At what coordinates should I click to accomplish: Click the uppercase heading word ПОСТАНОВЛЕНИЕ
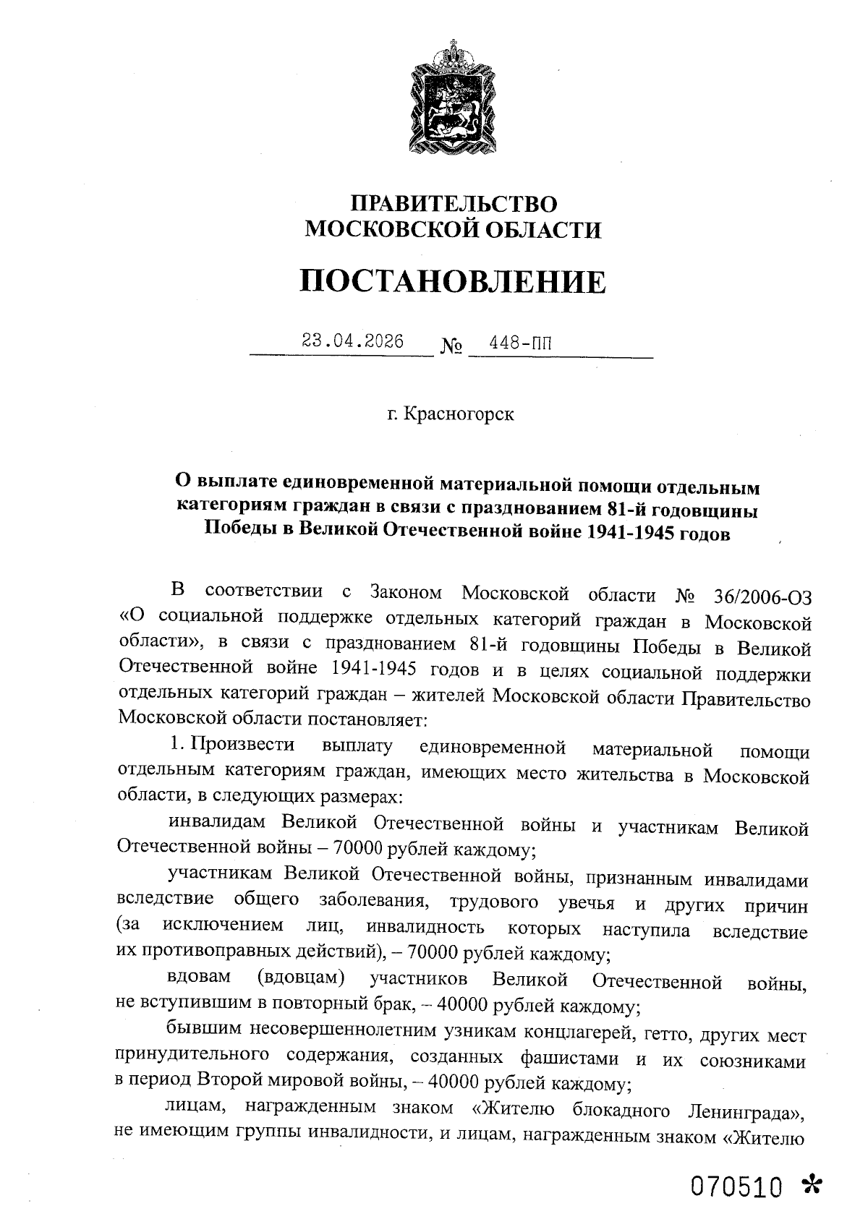click(453, 281)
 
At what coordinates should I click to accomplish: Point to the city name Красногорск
click(459, 415)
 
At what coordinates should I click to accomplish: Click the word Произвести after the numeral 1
click(242, 745)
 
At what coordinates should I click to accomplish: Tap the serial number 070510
click(737, 1187)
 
